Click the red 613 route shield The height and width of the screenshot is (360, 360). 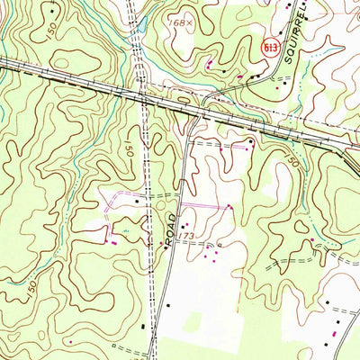coord(268,44)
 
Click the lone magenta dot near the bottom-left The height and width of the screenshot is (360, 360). coord(70,343)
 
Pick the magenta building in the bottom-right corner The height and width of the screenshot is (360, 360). coord(335,334)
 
